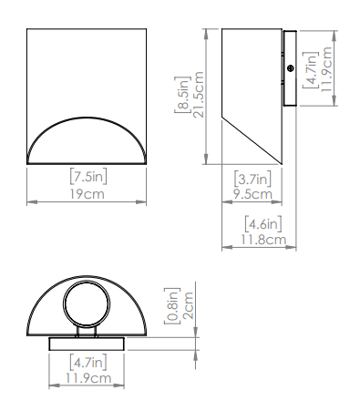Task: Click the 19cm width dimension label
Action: (87, 194)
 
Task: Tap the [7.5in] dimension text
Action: (88, 177)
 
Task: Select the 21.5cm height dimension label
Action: (198, 95)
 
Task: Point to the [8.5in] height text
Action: (181, 95)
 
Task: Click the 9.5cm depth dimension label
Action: (252, 194)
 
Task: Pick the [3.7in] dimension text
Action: (252, 179)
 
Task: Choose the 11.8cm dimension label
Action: (263, 240)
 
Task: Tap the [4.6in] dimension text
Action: (263, 224)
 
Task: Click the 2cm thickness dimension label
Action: (189, 305)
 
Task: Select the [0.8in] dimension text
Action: (172, 306)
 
